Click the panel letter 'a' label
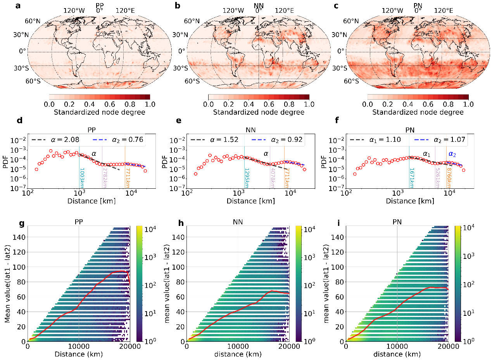click(17, 6)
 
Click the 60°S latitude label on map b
click(192, 81)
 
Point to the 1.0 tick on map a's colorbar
click(150, 104)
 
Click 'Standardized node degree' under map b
click(259, 112)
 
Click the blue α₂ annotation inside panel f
click(452, 154)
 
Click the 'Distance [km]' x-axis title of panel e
click(250, 201)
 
